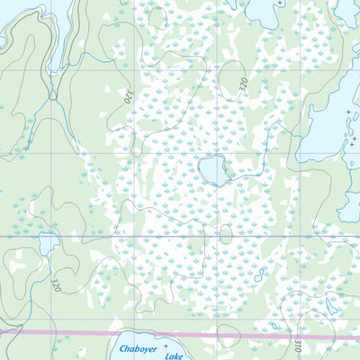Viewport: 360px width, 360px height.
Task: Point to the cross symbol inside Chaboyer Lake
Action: click(x=166, y=346)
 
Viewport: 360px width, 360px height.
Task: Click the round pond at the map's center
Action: click(x=212, y=169)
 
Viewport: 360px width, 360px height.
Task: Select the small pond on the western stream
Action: click(x=48, y=242)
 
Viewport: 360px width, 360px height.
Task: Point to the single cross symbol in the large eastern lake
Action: click(x=349, y=112)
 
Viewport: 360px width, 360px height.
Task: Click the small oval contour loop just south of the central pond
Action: click(x=226, y=233)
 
